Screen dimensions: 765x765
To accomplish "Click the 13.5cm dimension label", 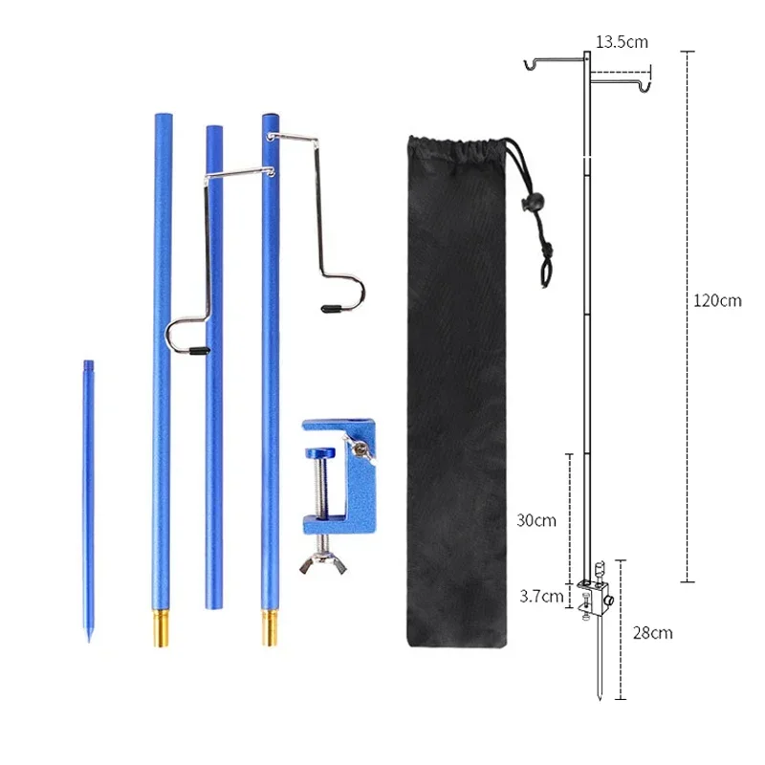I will pyautogui.click(x=622, y=42).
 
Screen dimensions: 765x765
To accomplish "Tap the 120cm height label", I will pyautogui.click(x=717, y=300).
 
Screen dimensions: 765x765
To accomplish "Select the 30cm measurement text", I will pyautogui.click(x=535, y=521).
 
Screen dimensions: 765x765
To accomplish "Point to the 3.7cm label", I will pyautogui.click(x=542, y=596).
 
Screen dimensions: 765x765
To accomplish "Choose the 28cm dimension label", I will pyautogui.click(x=653, y=633).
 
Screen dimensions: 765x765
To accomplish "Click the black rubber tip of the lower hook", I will pyautogui.click(x=197, y=351).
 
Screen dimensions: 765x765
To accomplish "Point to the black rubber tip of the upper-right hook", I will pyautogui.click(x=331, y=308).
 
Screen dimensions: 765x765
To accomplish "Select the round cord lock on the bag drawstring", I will pyautogui.click(x=524, y=201).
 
